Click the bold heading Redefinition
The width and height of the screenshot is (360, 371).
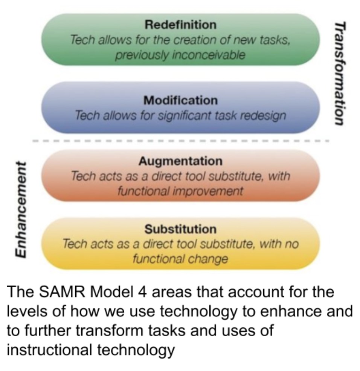tap(181, 25)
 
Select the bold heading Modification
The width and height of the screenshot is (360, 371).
tap(181, 101)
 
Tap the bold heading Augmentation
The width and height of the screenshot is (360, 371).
tap(181, 161)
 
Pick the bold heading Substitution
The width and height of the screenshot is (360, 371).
tap(181, 229)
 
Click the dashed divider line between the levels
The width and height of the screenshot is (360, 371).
tap(181, 141)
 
